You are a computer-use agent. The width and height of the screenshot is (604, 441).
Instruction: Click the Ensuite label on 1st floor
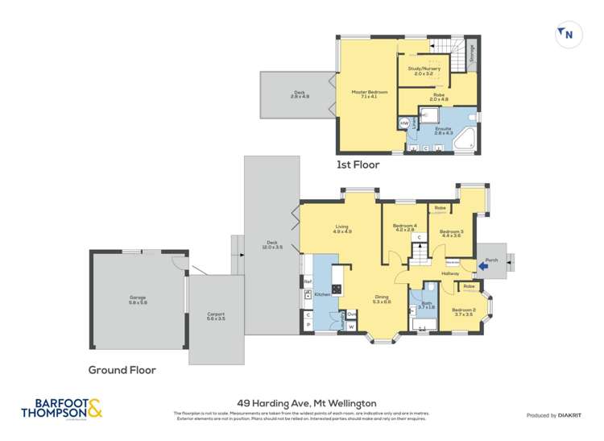[x=444, y=129]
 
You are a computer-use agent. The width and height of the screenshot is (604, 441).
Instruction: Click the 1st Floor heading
[x=357, y=164]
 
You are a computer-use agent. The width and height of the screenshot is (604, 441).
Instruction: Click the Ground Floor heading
[x=122, y=371]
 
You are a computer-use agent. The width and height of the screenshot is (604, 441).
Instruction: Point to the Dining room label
[x=382, y=299]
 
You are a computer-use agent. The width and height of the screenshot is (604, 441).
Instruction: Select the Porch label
[x=492, y=260]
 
